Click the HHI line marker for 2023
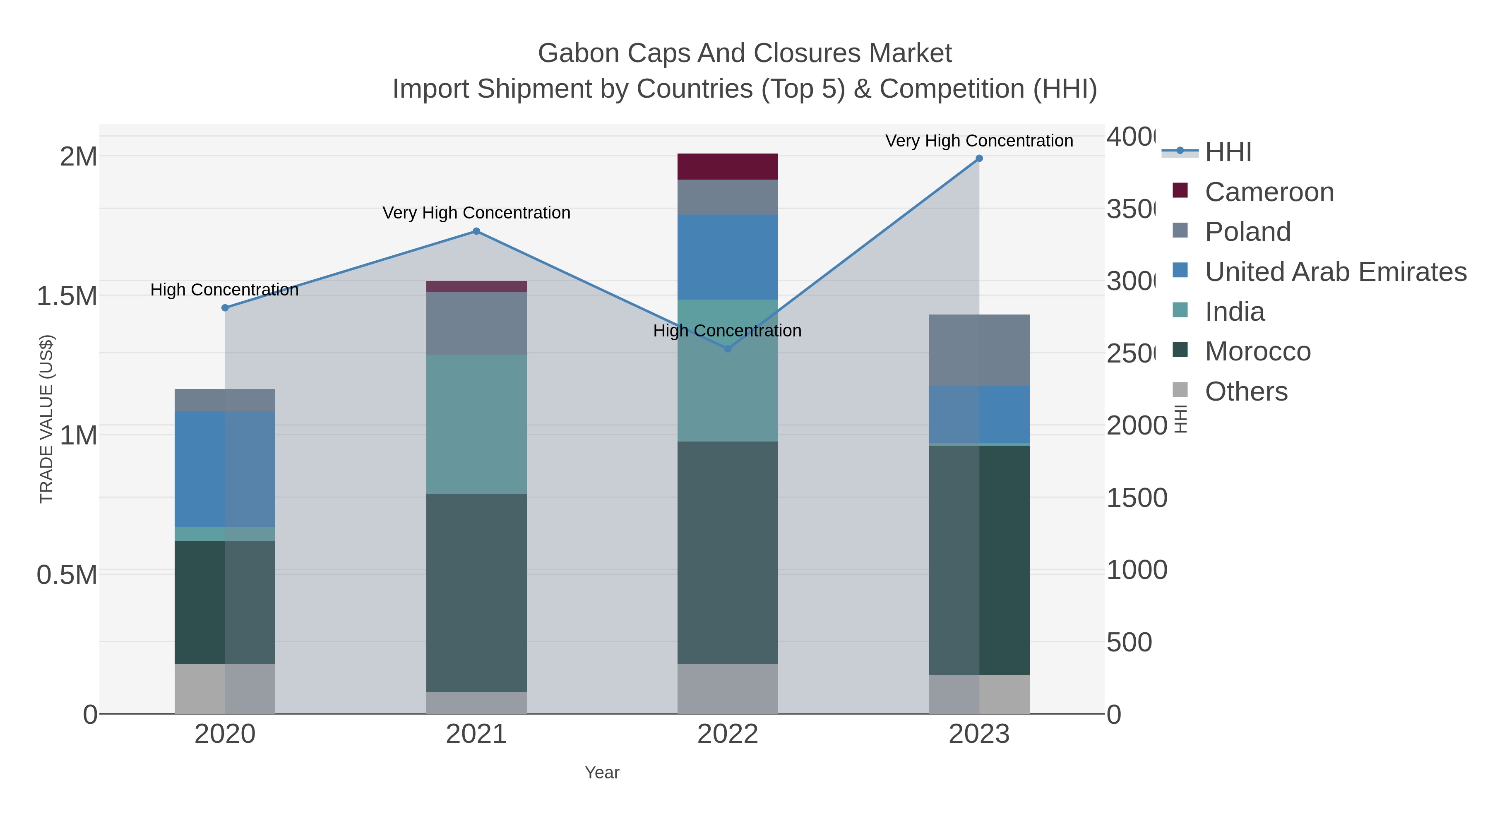(979, 158)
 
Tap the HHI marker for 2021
(476, 231)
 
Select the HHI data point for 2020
(225, 307)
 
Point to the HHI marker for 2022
(728, 349)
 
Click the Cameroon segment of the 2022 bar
(727, 166)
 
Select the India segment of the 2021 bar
(476, 423)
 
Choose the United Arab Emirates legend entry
(1335, 272)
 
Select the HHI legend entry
(1228, 152)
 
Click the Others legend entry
(1245, 391)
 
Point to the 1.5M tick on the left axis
(67, 296)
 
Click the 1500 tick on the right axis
(1136, 498)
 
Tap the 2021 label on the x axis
(476, 734)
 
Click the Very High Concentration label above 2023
(979, 141)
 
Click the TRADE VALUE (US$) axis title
(46, 419)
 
